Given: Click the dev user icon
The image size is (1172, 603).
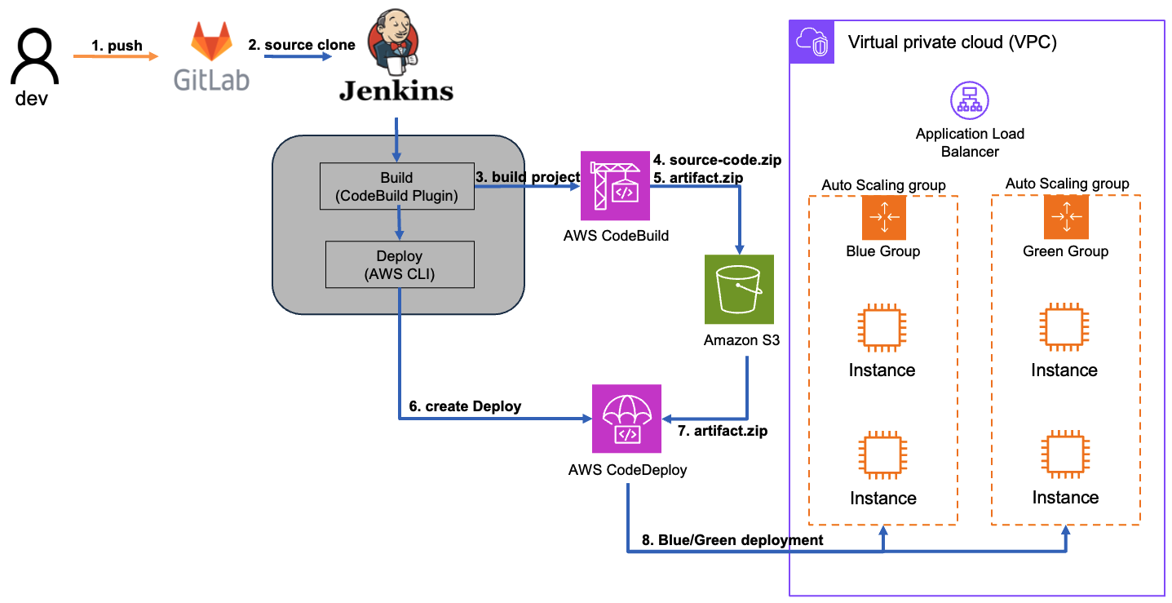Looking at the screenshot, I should (34, 58).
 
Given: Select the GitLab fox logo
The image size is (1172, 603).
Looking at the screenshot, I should (210, 42).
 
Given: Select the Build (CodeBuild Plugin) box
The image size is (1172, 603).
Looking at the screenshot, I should (396, 185).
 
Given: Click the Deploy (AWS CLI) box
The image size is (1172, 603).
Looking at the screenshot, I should (399, 264).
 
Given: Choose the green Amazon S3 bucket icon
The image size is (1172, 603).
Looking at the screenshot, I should (739, 289).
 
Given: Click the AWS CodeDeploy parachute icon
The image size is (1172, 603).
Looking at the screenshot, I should (627, 419).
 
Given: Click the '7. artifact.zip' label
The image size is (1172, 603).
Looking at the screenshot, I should (723, 431).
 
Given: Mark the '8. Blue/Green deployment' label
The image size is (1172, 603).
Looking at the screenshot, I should (732, 539).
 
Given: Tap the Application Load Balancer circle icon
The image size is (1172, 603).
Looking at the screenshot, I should (970, 101).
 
